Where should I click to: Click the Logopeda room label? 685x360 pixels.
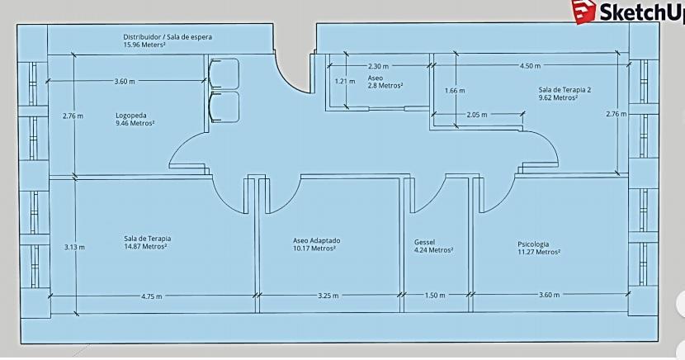pyautogui.click(x=131, y=116)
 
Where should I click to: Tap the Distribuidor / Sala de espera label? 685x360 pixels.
pyautogui.click(x=168, y=37)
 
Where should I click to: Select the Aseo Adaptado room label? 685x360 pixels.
pyautogui.click(x=316, y=240)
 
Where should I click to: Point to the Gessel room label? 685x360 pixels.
pyautogui.click(x=424, y=242)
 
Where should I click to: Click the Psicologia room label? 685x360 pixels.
pyautogui.click(x=533, y=244)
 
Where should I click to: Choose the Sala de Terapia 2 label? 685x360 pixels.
pyautogui.click(x=565, y=89)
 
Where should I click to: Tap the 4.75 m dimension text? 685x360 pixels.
pyautogui.click(x=152, y=296)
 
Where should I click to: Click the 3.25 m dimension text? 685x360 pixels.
pyautogui.click(x=328, y=296)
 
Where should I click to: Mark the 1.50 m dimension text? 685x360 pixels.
pyautogui.click(x=435, y=296)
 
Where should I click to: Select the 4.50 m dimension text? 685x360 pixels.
pyautogui.click(x=530, y=66)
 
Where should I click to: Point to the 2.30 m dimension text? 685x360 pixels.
pyautogui.click(x=378, y=66)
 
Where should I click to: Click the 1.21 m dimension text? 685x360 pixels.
pyautogui.click(x=345, y=81)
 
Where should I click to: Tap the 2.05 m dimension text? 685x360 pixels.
pyautogui.click(x=477, y=115)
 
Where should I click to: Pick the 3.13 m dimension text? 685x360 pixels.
pyautogui.click(x=74, y=247)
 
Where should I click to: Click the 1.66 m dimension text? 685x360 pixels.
pyautogui.click(x=455, y=91)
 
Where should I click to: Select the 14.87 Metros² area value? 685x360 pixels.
pyautogui.click(x=145, y=246)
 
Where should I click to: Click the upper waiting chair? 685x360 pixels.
pyautogui.click(x=224, y=73)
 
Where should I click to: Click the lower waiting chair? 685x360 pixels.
pyautogui.click(x=224, y=107)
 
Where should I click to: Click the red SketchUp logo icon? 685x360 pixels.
pyautogui.click(x=584, y=11)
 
